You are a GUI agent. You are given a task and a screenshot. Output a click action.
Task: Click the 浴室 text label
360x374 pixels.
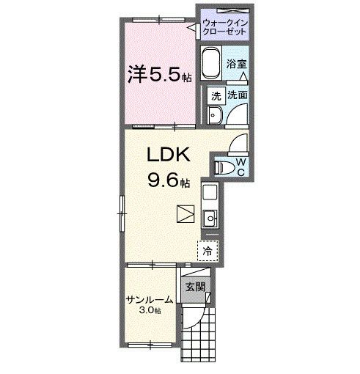235,63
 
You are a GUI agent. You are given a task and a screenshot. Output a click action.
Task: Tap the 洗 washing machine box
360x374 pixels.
216,95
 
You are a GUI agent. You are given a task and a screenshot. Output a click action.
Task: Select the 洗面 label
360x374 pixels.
237,95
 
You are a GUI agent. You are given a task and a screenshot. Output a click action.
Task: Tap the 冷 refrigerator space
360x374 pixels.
207,250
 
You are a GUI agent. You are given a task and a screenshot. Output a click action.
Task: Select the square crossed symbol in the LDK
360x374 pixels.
185,214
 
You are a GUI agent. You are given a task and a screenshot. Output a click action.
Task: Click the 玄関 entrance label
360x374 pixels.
194,287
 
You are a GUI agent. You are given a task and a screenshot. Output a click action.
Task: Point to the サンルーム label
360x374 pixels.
148,299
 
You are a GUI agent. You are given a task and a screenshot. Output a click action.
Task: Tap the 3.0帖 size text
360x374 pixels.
149,310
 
